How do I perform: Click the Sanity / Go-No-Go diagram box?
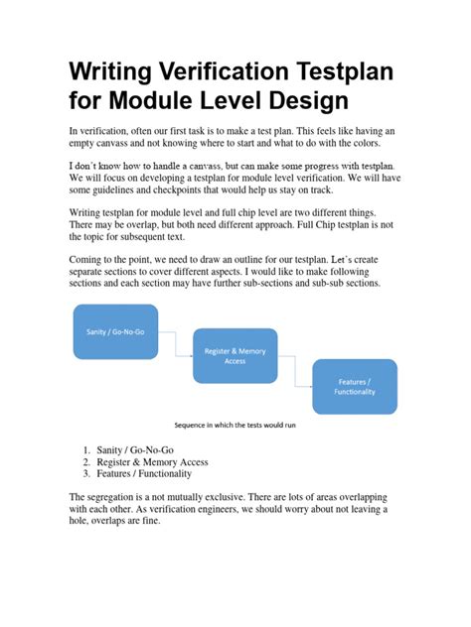pos(115,331)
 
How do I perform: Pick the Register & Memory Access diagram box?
pos(235,355)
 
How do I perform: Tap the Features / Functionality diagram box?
pos(354,386)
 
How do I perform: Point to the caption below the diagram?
pos(235,426)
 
